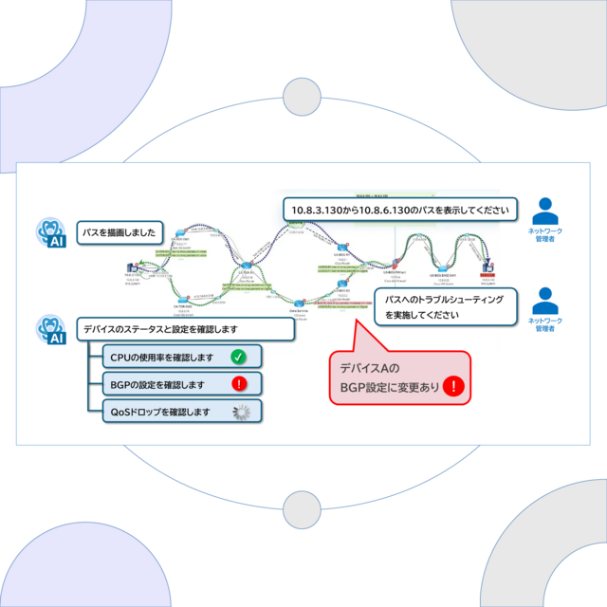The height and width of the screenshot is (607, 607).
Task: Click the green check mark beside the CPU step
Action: click(x=239, y=358)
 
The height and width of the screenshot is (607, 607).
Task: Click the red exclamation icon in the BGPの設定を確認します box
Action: click(x=239, y=384)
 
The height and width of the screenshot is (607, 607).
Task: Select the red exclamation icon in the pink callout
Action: click(x=455, y=386)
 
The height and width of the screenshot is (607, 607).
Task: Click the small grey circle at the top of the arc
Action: click(x=303, y=96)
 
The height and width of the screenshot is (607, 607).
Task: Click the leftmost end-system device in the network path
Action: click(x=134, y=269)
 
